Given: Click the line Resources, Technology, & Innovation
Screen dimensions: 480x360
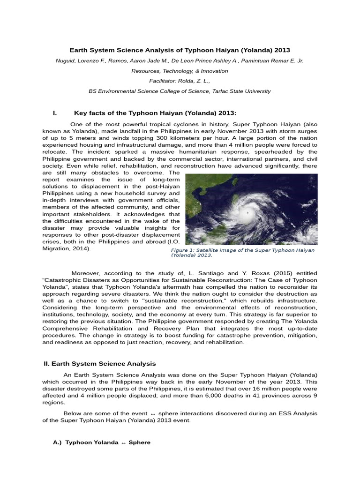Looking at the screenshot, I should (x=180, y=71).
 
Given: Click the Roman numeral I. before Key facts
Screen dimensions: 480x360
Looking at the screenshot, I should (x=55, y=113).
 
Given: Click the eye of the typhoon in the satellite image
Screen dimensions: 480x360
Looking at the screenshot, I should (x=247, y=213).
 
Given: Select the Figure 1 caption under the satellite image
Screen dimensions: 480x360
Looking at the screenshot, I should (x=242, y=253).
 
